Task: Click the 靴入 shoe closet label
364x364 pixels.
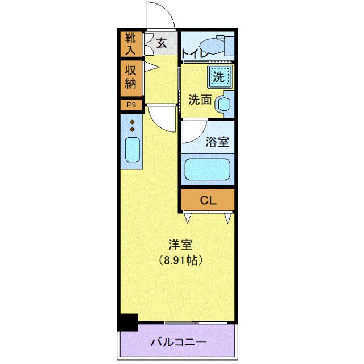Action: click(131, 45)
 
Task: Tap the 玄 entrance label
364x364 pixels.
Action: click(161, 43)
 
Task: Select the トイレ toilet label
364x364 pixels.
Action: click(193, 54)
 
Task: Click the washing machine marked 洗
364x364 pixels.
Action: click(219, 75)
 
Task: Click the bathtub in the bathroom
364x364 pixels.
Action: click(208, 169)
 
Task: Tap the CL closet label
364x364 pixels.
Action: click(207, 200)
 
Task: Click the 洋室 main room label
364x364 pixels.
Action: click(180, 245)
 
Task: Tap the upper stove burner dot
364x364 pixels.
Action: click(132, 122)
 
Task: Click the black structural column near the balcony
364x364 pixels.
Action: click(129, 322)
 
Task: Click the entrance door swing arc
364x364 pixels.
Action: click(159, 14)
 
